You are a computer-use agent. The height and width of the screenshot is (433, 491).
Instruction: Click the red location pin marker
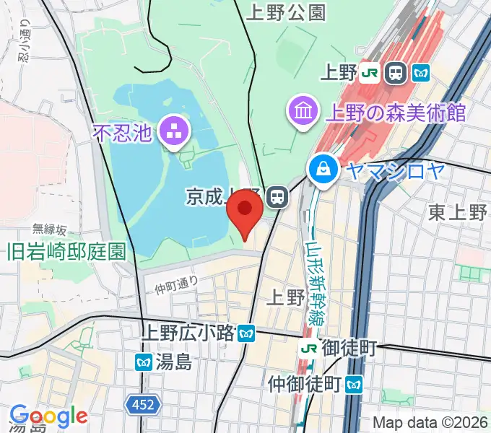[x=244, y=211]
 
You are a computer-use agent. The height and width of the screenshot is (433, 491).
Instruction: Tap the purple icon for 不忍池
[x=173, y=131]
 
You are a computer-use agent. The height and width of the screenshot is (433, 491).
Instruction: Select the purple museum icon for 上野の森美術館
[x=301, y=110]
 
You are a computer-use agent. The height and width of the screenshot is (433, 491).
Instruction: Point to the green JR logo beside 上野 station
[x=370, y=73]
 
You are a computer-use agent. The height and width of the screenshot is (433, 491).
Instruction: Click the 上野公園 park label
[x=286, y=12]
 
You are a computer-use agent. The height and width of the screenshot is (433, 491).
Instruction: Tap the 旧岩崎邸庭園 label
[x=66, y=251]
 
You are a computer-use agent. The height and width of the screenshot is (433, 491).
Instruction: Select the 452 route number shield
[x=143, y=406]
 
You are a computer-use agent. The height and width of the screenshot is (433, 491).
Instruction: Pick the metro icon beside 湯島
[x=144, y=362]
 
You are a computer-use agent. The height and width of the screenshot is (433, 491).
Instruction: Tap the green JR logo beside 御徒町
[x=309, y=349]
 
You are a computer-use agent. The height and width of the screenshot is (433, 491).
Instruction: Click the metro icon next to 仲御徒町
[x=354, y=382]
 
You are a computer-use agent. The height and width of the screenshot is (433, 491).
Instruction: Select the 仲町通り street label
[x=177, y=285]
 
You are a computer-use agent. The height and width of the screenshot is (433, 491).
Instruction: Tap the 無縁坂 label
[x=49, y=230]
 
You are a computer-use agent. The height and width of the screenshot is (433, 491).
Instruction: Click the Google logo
[x=48, y=416]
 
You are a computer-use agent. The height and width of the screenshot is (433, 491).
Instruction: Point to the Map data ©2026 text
[x=430, y=422]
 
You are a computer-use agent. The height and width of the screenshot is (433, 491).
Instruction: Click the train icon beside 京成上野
[x=276, y=196]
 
